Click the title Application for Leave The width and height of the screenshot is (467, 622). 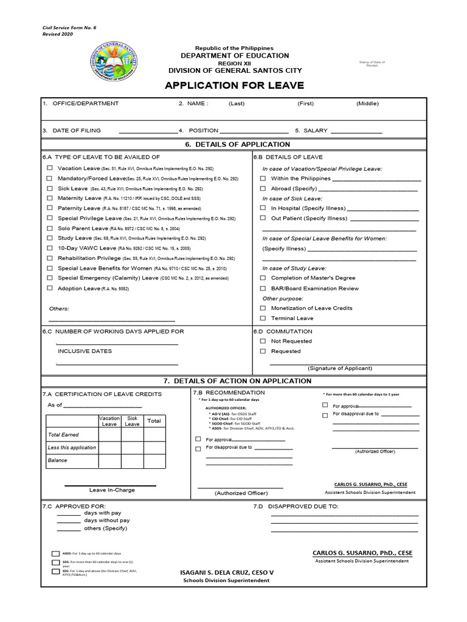(x=234, y=85)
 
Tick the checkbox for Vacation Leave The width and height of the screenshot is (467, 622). (x=49, y=168)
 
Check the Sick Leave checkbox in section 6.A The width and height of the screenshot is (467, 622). (x=49, y=188)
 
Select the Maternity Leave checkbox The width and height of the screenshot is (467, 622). (x=49, y=198)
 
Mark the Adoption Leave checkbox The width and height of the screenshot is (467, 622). (x=49, y=289)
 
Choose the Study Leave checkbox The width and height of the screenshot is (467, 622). (x=49, y=238)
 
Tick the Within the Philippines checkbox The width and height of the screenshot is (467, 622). (x=263, y=179)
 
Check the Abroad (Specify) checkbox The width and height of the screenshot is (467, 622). (x=263, y=188)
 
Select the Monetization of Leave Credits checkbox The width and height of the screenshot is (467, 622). (x=263, y=308)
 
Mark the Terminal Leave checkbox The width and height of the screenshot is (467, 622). (x=263, y=318)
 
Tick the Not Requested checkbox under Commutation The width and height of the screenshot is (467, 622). (x=263, y=341)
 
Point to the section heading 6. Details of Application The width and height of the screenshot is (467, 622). (x=233, y=145)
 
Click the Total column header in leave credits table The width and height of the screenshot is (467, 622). (x=154, y=421)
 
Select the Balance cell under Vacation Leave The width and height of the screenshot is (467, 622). (x=109, y=460)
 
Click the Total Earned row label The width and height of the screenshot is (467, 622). (x=63, y=435)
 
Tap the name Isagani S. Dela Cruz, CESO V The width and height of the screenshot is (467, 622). (x=227, y=572)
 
